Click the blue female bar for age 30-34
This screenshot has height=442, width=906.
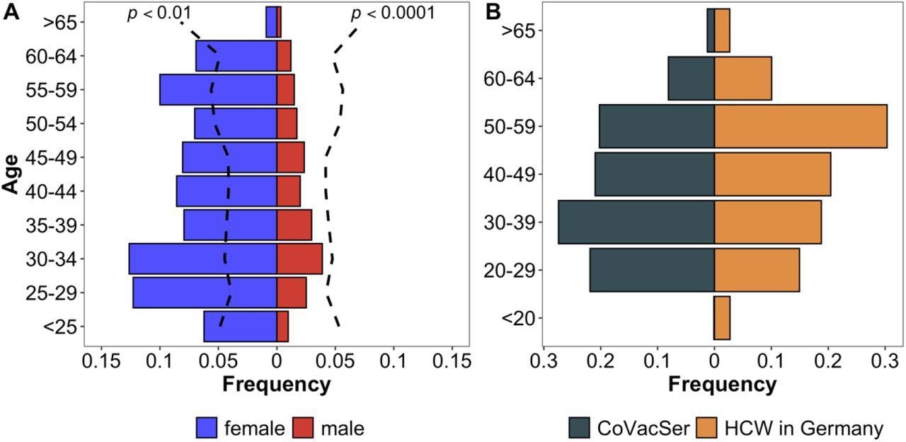202,259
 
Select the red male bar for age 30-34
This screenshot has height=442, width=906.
299,259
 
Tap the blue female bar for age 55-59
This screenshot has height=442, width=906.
218,89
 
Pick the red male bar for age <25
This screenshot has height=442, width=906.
282,327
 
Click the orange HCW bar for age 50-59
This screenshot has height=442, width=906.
800,127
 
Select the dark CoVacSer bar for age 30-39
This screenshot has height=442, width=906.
636,222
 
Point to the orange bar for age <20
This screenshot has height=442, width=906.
722,318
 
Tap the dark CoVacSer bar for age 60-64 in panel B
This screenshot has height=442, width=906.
691,79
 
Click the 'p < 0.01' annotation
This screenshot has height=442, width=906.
159,13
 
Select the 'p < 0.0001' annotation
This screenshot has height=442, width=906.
393,13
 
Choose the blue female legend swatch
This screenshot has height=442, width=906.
207,428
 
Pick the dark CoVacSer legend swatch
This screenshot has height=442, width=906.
580,428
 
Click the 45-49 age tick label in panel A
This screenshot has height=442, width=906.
55,157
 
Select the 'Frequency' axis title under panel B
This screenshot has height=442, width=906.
722,385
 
